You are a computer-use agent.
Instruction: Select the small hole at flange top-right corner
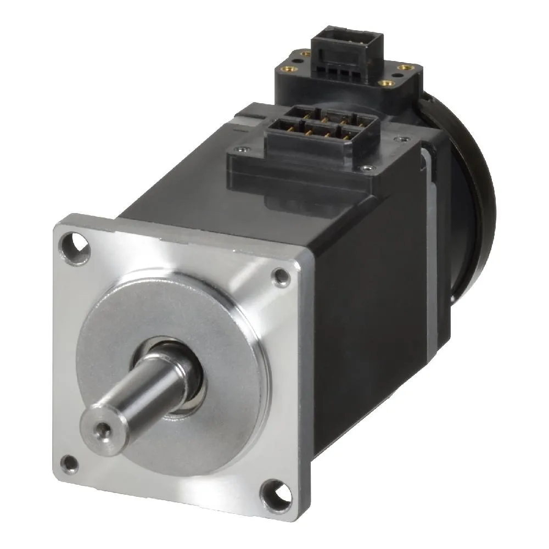point(282,277)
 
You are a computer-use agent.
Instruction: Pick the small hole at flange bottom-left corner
point(69,463)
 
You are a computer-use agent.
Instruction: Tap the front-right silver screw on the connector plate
point(367,168)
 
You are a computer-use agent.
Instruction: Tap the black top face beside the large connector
point(181,181)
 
